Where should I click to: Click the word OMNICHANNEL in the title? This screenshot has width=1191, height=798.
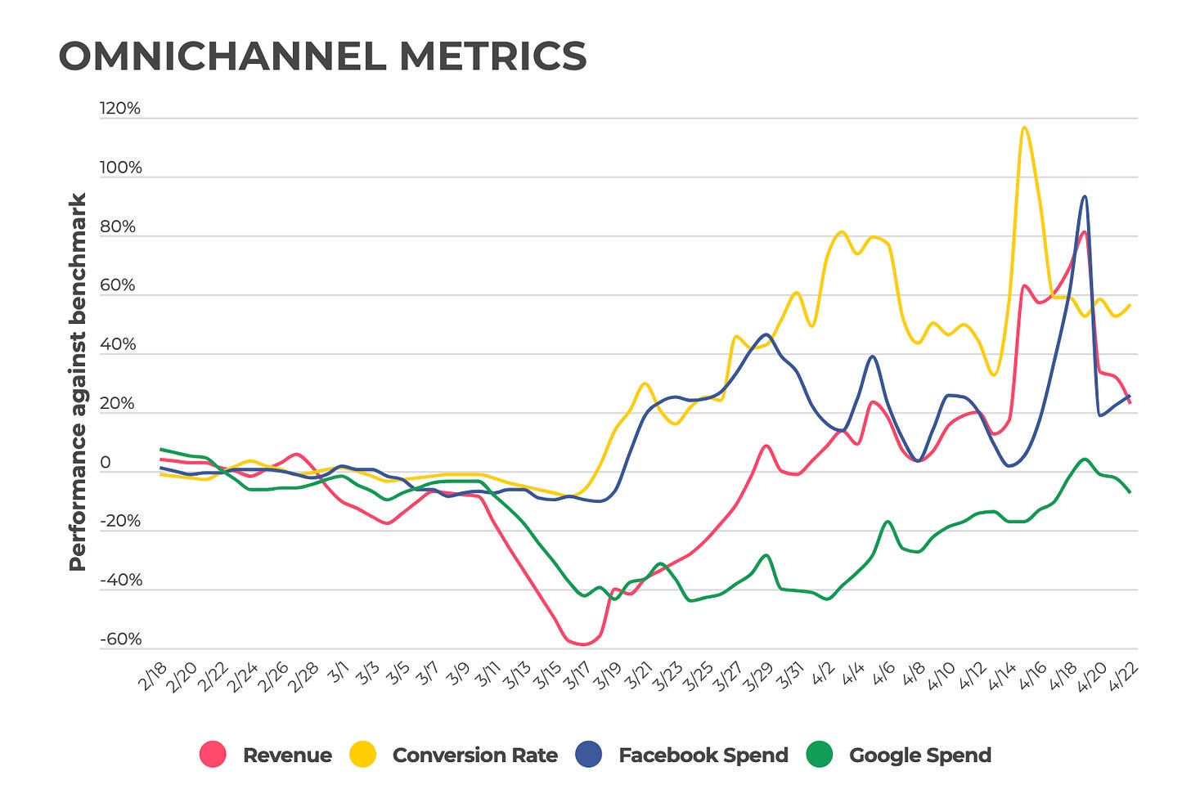(222, 56)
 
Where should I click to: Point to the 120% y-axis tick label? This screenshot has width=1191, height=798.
(120, 109)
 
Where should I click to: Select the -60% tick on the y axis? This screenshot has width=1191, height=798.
(120, 639)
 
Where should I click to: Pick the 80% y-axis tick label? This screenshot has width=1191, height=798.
(118, 226)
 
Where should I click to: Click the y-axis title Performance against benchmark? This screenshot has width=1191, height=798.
(78, 382)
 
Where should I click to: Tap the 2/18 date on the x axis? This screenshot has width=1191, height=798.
(153, 677)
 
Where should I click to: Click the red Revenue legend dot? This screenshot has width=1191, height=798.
(213, 755)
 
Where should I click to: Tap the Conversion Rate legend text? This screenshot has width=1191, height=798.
(474, 755)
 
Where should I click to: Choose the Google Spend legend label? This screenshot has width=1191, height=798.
(919, 755)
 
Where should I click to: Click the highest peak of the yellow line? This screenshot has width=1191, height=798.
(1024, 128)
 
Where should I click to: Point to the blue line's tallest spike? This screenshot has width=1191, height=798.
(1085, 196)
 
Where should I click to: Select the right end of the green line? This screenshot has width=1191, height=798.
(1130, 492)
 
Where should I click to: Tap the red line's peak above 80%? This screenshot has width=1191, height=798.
(1083, 232)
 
